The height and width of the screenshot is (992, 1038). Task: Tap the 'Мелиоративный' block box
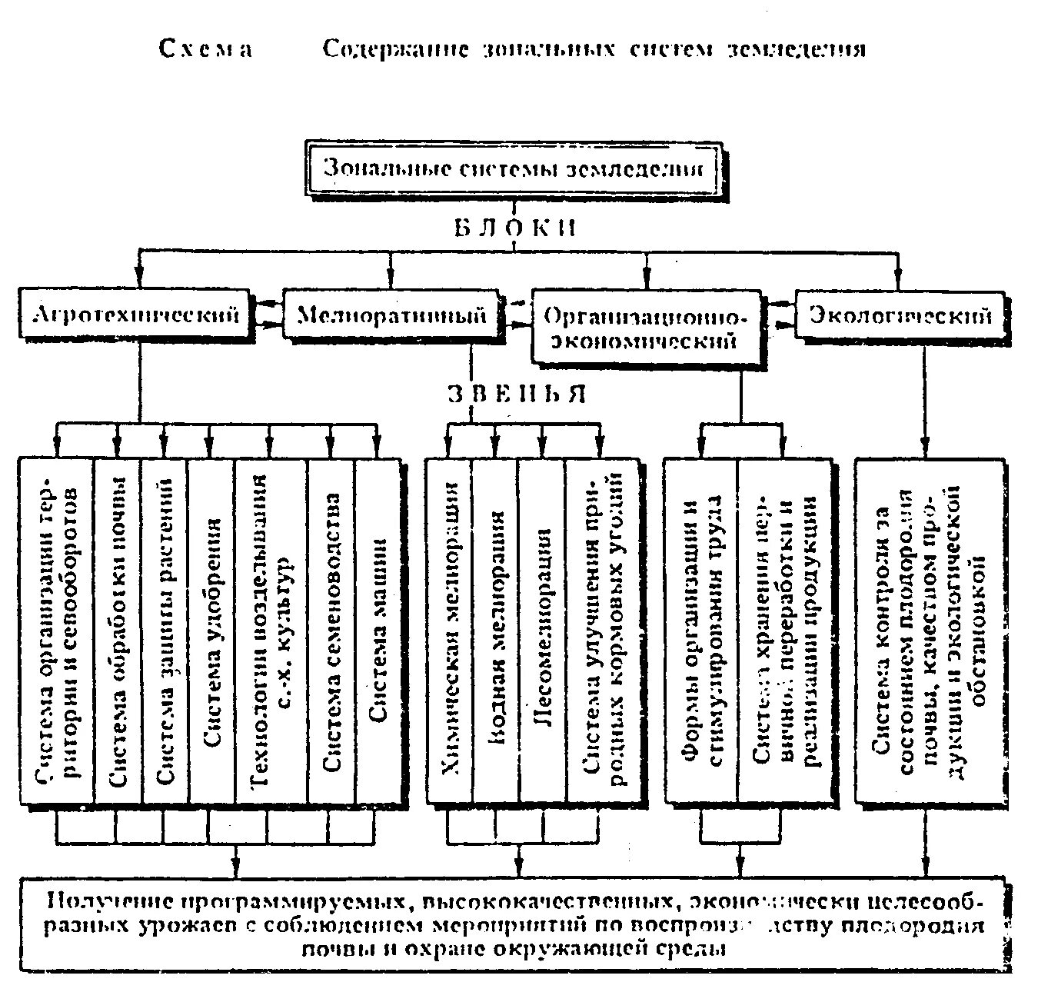click(391, 315)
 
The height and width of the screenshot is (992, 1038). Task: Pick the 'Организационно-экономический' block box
click(646, 327)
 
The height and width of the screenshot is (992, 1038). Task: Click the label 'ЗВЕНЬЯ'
click(517, 393)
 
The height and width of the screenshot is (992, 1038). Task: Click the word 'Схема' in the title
click(205, 48)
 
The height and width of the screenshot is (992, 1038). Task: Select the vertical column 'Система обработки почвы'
click(118, 631)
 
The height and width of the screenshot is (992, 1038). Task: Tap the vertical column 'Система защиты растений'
click(165, 631)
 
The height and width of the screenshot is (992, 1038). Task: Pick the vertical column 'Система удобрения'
click(211, 631)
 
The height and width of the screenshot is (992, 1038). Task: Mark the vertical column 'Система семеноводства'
click(331, 631)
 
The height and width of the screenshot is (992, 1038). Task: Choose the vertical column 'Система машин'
click(378, 631)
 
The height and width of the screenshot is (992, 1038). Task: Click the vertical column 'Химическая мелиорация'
click(450, 631)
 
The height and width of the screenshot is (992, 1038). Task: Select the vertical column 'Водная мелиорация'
click(496, 631)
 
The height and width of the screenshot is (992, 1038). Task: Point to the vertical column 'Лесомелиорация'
click(542, 631)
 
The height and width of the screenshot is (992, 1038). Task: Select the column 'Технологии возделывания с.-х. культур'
click(271, 631)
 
